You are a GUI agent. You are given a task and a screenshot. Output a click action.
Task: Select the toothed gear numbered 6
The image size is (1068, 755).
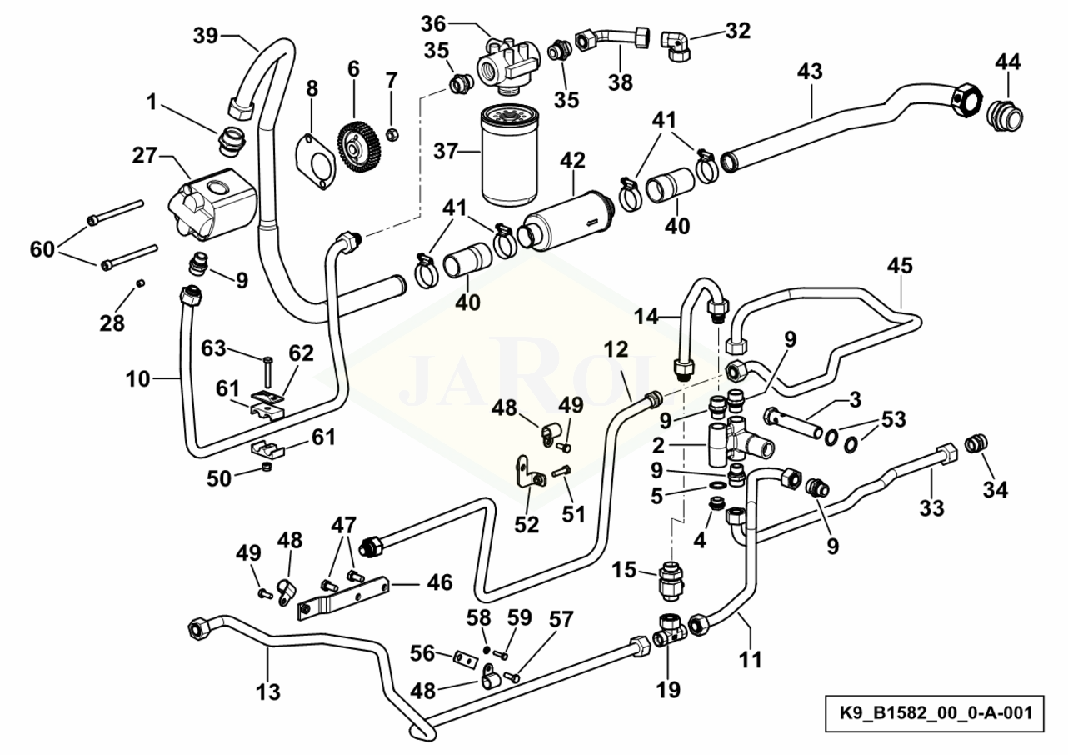coord(360,147)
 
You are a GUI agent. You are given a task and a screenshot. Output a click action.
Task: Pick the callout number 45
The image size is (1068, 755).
coord(900,266)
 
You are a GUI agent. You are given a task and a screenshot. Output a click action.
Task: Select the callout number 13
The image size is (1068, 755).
coord(268,691)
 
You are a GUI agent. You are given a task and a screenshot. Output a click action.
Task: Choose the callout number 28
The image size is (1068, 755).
coord(112,322)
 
